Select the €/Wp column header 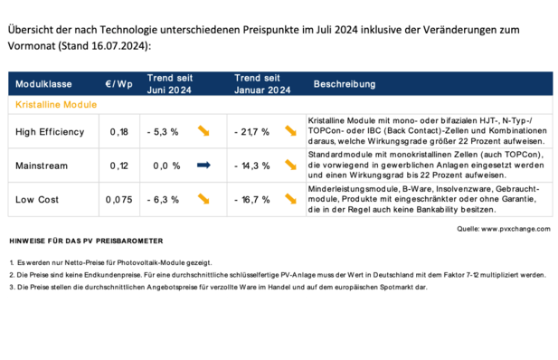[118, 84]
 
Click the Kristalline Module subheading [56, 105]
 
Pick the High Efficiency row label [50, 132]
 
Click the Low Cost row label [39, 199]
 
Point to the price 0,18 [118, 132]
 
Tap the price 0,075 [118, 199]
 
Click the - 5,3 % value [163, 132]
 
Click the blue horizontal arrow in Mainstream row [203, 166]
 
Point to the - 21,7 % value [252, 132]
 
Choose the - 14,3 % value [252, 166]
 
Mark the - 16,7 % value [252, 199]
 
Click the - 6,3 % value [163, 199]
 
